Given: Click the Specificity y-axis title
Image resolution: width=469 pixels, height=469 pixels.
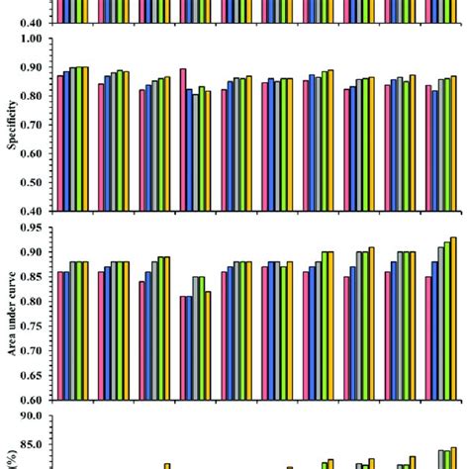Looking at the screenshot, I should pyautogui.click(x=11, y=124).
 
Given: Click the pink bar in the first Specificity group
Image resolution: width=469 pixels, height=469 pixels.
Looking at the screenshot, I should pyautogui.click(x=60, y=142).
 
